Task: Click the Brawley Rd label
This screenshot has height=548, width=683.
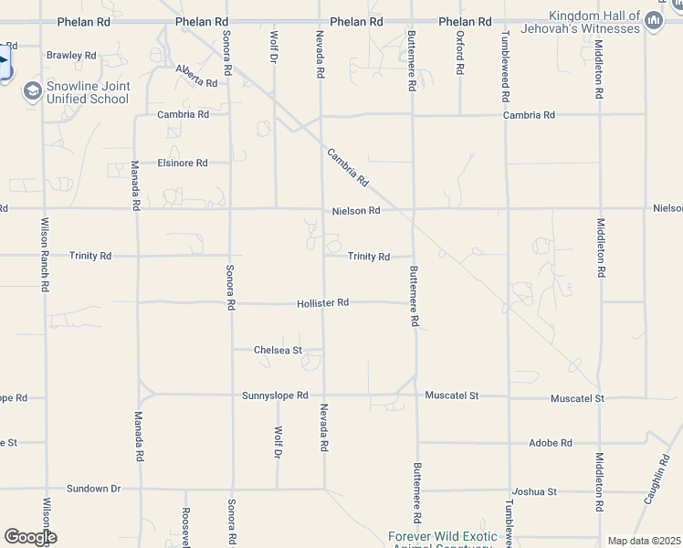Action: (71, 56)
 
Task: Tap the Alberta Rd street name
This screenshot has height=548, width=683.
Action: (197, 76)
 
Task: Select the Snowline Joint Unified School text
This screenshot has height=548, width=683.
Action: (89, 92)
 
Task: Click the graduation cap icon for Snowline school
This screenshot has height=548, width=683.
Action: (33, 91)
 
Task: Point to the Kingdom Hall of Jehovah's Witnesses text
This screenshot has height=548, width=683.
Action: (594, 22)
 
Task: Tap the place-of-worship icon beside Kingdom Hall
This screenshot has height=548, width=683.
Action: (652, 21)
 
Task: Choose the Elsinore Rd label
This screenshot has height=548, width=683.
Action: (183, 163)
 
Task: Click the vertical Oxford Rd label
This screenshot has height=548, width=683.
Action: (460, 54)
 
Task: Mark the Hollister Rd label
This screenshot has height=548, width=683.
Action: (322, 302)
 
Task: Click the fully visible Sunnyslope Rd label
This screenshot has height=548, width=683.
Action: (275, 396)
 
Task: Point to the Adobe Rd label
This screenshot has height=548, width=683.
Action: (551, 443)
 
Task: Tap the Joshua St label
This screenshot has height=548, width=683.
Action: (534, 491)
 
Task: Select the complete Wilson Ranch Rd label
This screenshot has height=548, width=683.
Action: (44, 255)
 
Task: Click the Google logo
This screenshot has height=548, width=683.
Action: (30, 537)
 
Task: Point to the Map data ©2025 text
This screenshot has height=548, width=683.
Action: (644, 541)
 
